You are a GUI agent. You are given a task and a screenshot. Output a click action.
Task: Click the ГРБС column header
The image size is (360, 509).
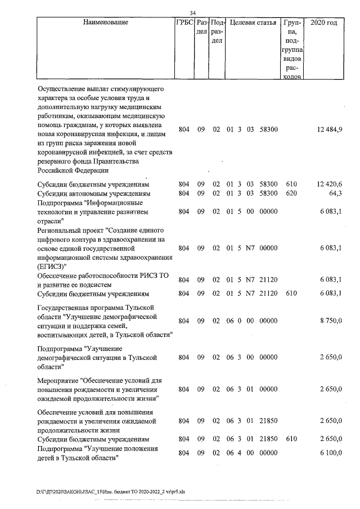pyautogui.click(x=184, y=23)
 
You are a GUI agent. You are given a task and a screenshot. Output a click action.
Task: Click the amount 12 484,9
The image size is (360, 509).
pyautogui.click(x=330, y=129)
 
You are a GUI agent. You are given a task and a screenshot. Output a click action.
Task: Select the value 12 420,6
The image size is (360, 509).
pyautogui.click(x=330, y=184)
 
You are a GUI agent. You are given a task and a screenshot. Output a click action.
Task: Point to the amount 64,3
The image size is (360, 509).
pyautogui.click(x=335, y=193)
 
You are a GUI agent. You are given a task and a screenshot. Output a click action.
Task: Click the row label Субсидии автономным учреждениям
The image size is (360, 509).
pyautogui.click(x=93, y=193)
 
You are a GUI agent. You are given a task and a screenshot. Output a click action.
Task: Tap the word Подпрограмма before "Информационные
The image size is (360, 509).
pyautogui.click(x=60, y=202)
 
